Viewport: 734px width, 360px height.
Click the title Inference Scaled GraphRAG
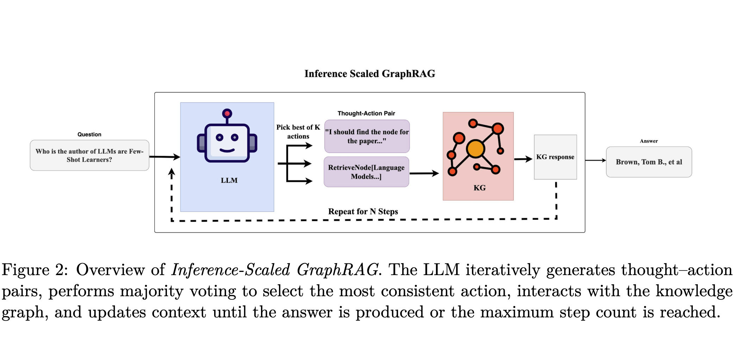(369, 74)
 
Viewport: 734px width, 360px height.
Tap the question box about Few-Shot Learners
(89, 155)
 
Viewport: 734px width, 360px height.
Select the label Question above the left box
(89, 134)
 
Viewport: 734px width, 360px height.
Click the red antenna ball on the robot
(227, 113)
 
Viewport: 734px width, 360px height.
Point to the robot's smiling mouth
(227, 150)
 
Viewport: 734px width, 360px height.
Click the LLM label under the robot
(229, 180)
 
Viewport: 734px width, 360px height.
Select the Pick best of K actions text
(298, 132)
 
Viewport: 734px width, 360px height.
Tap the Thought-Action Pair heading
(366, 113)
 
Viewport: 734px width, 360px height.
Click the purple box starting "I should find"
(367, 136)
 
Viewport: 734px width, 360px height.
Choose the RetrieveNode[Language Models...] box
(366, 172)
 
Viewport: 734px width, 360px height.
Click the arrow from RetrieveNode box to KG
(424, 173)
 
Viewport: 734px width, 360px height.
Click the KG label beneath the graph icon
(479, 188)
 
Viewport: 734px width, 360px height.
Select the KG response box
(555, 157)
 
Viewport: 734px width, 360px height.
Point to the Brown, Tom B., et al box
(649, 162)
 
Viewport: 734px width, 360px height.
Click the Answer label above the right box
(649, 141)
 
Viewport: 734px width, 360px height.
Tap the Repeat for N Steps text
(363, 211)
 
